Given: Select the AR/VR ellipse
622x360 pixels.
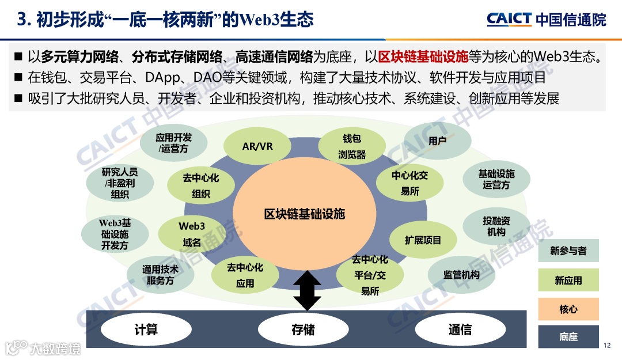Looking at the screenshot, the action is click(x=257, y=146).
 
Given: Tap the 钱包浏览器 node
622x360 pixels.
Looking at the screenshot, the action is click(x=352, y=146).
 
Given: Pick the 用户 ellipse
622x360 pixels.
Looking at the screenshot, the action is click(x=438, y=141).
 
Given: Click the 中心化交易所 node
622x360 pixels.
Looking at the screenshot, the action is click(x=410, y=183).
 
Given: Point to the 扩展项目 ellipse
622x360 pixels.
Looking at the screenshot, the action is click(x=423, y=240).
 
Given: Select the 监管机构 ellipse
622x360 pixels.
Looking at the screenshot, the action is click(x=461, y=275).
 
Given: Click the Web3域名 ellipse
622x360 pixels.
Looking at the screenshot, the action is click(x=192, y=234).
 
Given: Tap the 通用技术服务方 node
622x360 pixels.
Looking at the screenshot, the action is click(x=160, y=275).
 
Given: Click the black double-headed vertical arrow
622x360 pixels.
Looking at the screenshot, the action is click(x=307, y=291).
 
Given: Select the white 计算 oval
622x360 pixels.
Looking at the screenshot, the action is click(x=146, y=330).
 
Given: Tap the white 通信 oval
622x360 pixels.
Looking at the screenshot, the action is click(x=460, y=330).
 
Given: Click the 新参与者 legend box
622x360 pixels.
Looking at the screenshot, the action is click(x=568, y=251).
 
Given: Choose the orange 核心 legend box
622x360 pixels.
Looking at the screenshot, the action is click(x=568, y=309).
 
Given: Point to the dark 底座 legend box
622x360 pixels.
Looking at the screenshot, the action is click(x=568, y=337).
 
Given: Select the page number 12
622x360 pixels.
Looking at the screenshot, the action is click(x=607, y=346).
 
